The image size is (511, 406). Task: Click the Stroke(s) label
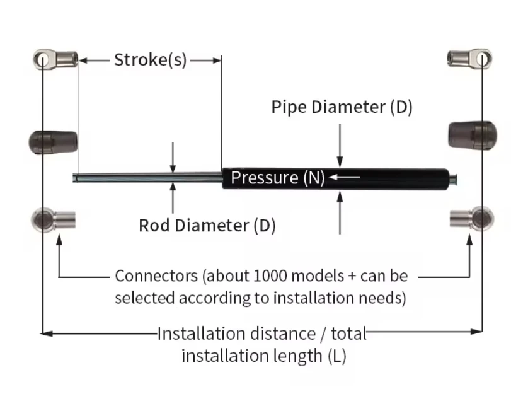tap(150, 61)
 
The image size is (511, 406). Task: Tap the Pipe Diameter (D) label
tap(342, 107)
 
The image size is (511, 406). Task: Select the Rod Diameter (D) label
tap(207, 225)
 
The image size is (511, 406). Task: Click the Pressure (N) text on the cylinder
tap(277, 178)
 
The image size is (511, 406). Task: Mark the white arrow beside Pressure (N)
tap(344, 178)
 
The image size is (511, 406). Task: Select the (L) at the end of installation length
tap(336, 356)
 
